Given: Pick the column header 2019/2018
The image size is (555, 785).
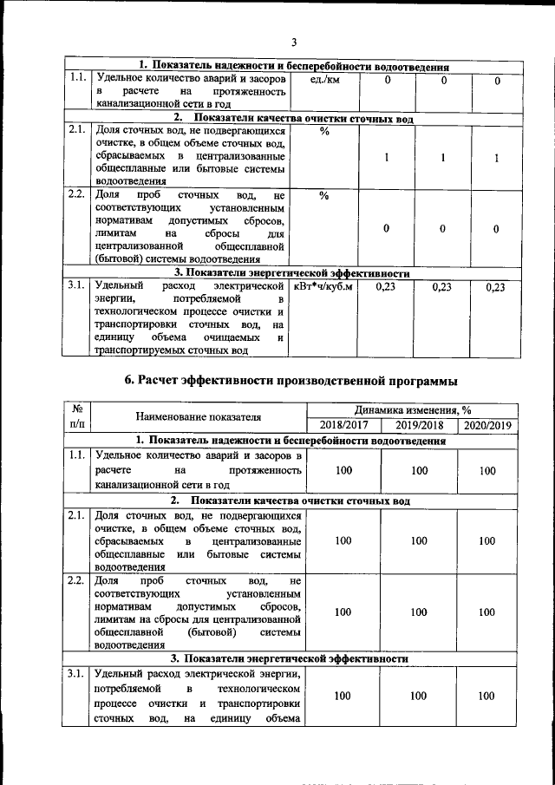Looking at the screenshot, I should click(x=419, y=425).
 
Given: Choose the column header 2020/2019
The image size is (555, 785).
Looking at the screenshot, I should click(x=488, y=425).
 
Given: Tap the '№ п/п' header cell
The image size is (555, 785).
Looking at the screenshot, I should click(x=77, y=417).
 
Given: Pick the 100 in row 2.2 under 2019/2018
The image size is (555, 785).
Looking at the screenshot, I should click(x=419, y=612).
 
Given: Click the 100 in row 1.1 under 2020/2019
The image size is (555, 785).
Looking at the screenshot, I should click(x=487, y=470).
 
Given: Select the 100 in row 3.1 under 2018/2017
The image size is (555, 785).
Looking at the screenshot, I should click(x=343, y=696).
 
